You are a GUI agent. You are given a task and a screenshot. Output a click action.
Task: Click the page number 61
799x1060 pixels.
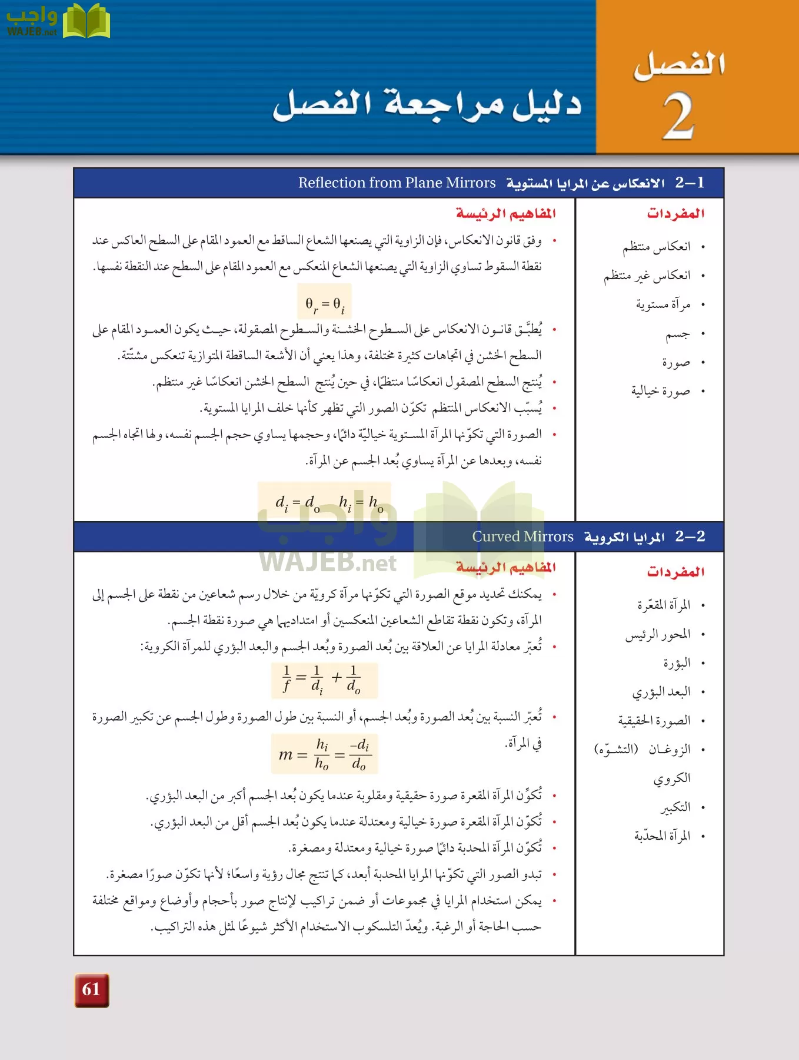pyautogui.click(x=91, y=989)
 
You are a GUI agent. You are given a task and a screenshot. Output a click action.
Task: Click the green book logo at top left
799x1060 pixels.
pyautogui.click(x=86, y=22)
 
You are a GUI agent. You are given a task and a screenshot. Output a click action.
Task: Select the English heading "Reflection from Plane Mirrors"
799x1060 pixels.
pyautogui.click(x=397, y=183)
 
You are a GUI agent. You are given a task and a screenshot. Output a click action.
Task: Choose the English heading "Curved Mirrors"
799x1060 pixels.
pyautogui.click(x=522, y=536)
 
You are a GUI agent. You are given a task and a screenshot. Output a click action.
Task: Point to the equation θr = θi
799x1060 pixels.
pyautogui.click(x=325, y=304)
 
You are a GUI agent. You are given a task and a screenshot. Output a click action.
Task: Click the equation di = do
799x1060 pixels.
pyautogui.click(x=298, y=503)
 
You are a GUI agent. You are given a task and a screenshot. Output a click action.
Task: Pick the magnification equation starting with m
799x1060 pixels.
pyautogui.click(x=324, y=754)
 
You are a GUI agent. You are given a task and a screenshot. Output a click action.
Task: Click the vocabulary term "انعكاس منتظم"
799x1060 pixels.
pyautogui.click(x=657, y=246)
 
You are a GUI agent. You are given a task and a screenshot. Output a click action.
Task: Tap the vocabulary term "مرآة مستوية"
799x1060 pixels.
pyautogui.click(x=662, y=304)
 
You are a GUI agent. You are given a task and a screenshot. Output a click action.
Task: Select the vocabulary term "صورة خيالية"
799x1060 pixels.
pyautogui.click(x=660, y=391)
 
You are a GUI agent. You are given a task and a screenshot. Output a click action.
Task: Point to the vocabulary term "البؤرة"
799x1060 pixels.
pyautogui.click(x=677, y=663)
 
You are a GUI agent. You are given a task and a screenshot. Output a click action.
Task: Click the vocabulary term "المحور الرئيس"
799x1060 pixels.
pyautogui.click(x=658, y=634)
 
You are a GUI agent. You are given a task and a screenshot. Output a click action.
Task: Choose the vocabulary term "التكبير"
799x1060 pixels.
pyautogui.click(x=675, y=807)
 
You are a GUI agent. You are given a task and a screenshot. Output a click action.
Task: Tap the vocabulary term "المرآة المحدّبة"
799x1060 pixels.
pyautogui.click(x=662, y=836)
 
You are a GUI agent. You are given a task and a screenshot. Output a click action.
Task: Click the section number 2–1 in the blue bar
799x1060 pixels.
pyautogui.click(x=690, y=183)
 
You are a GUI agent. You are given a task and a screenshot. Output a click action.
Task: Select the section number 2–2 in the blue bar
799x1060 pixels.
pyautogui.click(x=690, y=536)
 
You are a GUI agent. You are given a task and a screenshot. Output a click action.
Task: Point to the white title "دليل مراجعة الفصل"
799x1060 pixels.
pyautogui.click(x=427, y=104)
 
